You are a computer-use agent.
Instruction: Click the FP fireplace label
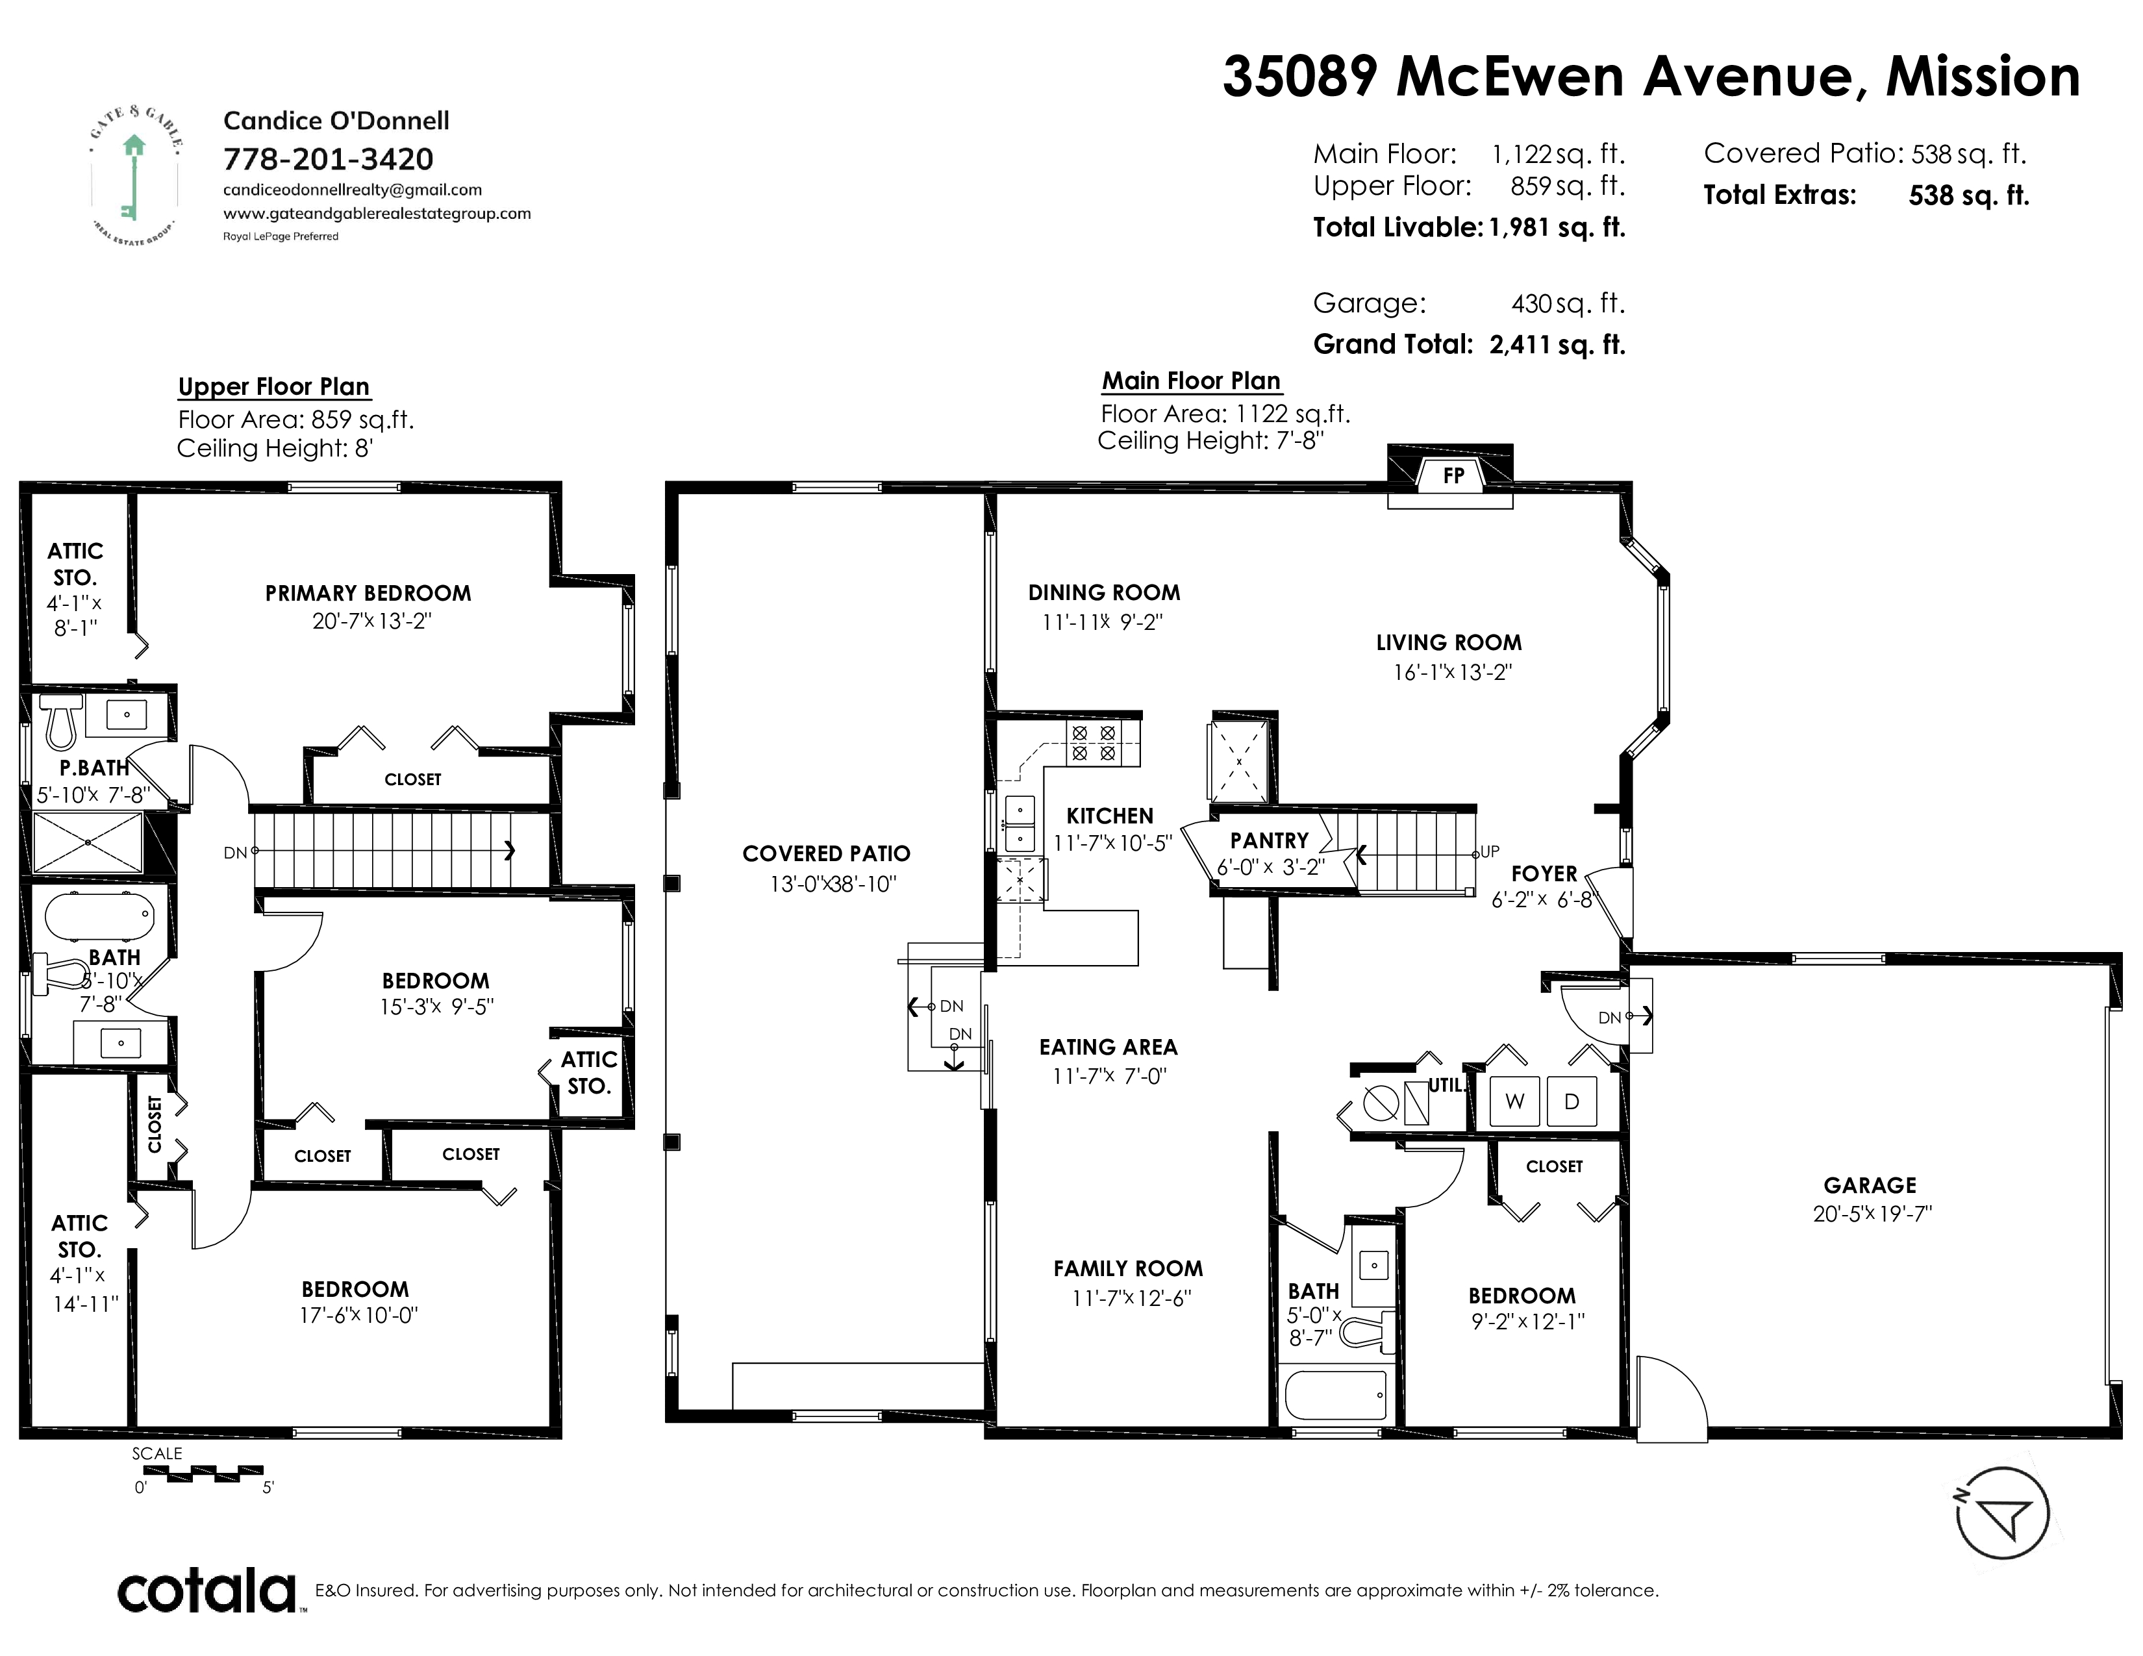pyautogui.click(x=1453, y=476)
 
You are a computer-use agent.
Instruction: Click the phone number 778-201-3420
pyautogui.click(x=328, y=159)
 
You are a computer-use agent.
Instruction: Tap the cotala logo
pyautogui.click(x=207, y=1590)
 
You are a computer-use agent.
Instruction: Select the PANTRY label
pyautogui.click(x=1269, y=841)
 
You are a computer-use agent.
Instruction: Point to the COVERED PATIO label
pyautogui.click(x=826, y=853)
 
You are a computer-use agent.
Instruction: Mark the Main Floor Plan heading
pyautogui.click(x=1191, y=381)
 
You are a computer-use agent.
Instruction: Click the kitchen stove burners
pyautogui.click(x=1093, y=743)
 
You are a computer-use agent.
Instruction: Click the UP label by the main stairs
pyautogui.click(x=1490, y=851)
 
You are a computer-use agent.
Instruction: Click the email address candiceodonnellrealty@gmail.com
pyautogui.click(x=352, y=190)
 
